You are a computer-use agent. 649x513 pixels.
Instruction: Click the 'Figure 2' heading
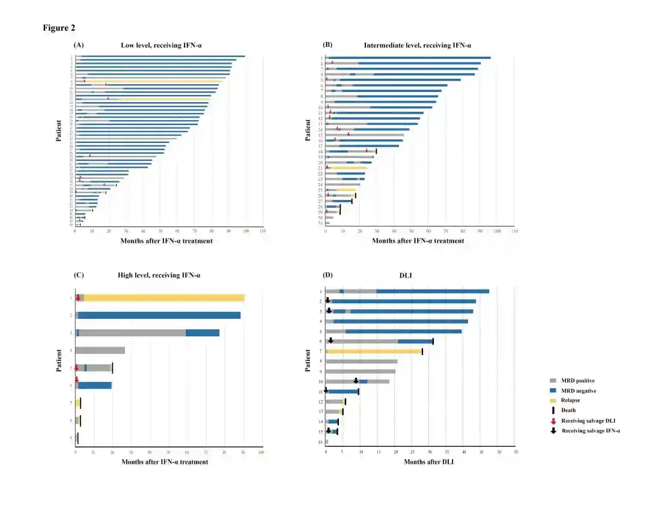[59, 28]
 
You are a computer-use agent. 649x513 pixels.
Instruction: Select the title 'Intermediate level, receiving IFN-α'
[418, 45]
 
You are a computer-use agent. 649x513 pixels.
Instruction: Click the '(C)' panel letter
[79, 275]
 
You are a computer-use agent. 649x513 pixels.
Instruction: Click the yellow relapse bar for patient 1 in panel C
[162, 297]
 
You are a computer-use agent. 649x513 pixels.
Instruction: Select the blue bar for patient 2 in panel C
[159, 315]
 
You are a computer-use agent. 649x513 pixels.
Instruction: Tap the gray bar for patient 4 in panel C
[100, 350]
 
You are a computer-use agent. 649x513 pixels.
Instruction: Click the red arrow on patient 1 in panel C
[78, 297]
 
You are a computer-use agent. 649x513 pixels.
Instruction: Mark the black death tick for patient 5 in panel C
[112, 368]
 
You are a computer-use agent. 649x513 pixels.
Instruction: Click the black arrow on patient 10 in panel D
[356, 380]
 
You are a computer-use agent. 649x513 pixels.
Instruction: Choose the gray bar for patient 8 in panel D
[361, 362]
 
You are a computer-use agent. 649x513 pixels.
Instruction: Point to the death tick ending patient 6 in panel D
[433, 341]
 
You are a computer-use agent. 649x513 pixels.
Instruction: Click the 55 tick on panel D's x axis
[516, 451]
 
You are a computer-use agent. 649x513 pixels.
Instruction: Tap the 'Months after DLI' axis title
[428, 462]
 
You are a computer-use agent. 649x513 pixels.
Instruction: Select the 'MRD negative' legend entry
[578, 390]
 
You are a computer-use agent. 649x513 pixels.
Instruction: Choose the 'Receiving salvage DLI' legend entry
[588, 420]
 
